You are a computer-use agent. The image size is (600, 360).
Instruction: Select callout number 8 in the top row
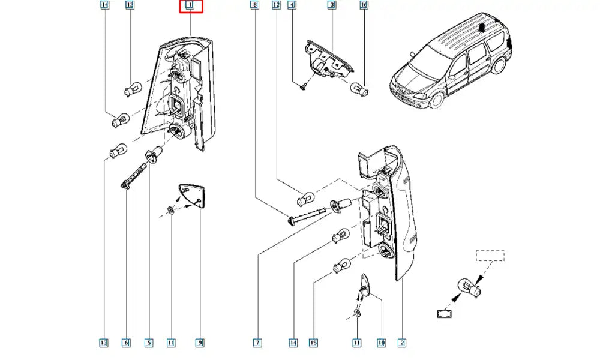[255, 5]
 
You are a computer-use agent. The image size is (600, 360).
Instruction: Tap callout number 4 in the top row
[292, 5]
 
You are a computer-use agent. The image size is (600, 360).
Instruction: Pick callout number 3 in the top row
[331, 5]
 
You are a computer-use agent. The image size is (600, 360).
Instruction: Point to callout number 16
[364, 5]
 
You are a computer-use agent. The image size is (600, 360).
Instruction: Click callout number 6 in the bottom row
[126, 343]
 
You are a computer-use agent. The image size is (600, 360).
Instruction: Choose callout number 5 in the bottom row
[148, 343]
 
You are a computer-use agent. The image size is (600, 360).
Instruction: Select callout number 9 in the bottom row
[200, 343]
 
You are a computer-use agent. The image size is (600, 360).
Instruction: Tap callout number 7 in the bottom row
[257, 343]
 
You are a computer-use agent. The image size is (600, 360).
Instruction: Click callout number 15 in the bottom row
[313, 343]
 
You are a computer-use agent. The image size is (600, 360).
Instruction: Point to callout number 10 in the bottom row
[381, 343]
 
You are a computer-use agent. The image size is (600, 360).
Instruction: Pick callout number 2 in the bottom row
[402, 343]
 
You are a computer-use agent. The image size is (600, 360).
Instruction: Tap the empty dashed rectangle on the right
[490, 256]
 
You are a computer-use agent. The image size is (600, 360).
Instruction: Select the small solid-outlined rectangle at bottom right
[445, 313]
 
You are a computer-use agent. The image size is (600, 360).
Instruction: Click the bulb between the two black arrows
[467, 288]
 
